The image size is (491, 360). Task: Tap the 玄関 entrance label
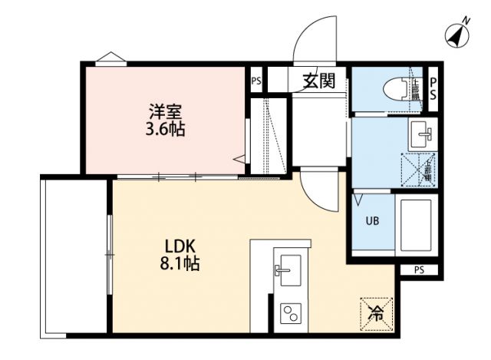pos(318,80)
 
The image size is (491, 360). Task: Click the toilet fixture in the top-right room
pos(394,90)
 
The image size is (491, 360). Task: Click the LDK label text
pos(183,246)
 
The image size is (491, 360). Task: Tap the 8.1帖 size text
pos(183,264)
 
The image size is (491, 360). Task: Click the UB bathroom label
pos(371,222)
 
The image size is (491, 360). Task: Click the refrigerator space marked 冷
pos(377,312)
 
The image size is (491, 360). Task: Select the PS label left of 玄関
pos(256,80)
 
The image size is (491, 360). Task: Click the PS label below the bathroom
pos(419,269)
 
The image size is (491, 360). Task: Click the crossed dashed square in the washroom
pos(417,169)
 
